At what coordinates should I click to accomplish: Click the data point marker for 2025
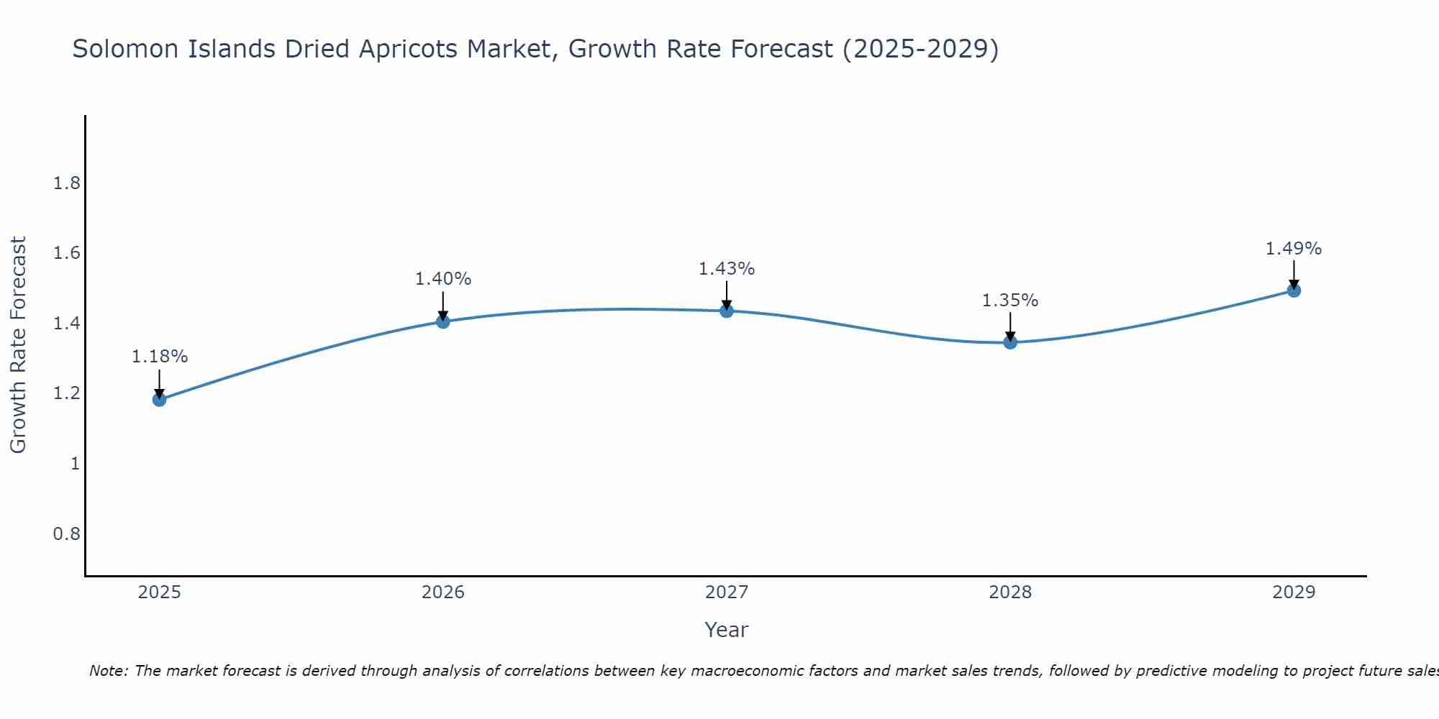click(160, 399)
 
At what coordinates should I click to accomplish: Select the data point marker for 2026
click(443, 321)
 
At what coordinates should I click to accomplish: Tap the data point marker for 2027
click(727, 311)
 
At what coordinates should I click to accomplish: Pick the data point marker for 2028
click(1010, 342)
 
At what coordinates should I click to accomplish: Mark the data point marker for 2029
click(1294, 290)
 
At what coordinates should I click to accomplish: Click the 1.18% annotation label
click(160, 357)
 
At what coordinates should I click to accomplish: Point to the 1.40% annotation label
click(443, 279)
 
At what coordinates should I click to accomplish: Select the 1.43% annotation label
click(727, 269)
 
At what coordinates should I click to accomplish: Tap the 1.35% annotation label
click(1010, 301)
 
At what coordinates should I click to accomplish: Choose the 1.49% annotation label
click(1294, 249)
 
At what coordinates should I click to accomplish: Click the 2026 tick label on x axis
click(443, 592)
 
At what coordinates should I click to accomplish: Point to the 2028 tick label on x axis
click(1010, 592)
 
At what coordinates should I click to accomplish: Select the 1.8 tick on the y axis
click(67, 183)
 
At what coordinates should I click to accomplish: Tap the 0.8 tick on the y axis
click(67, 533)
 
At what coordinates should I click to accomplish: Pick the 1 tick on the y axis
click(75, 464)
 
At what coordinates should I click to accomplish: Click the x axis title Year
click(727, 630)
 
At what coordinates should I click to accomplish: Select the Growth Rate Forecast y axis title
click(18, 345)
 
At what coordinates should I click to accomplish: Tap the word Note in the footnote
click(108, 671)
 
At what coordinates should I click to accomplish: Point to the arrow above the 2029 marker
click(1294, 273)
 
